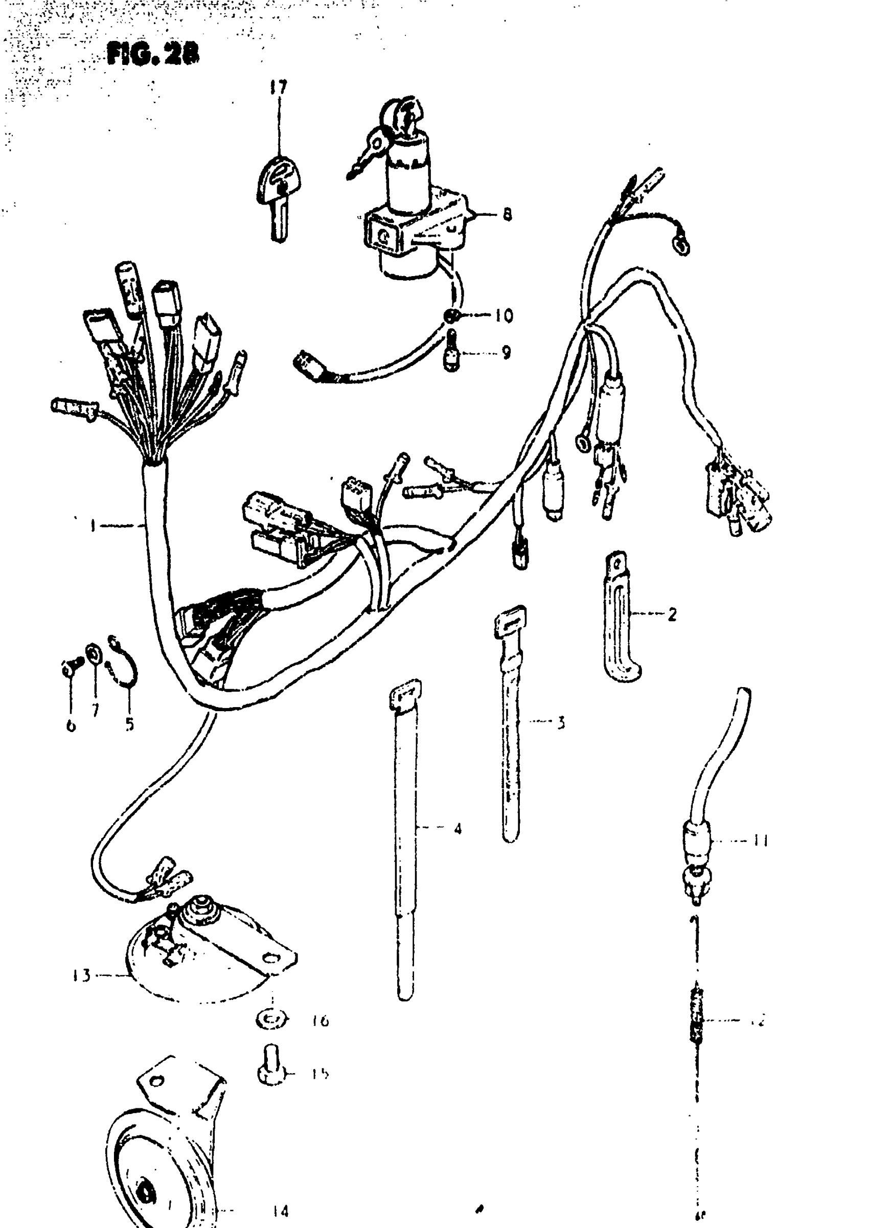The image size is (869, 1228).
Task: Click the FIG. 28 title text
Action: point(153,55)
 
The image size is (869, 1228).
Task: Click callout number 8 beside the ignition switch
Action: point(506,215)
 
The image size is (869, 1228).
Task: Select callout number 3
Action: point(560,723)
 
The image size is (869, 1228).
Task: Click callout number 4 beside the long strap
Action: point(458,829)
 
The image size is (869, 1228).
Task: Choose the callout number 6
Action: point(71,726)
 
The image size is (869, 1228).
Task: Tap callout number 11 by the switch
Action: point(760,841)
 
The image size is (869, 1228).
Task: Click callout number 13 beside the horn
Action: point(81,975)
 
